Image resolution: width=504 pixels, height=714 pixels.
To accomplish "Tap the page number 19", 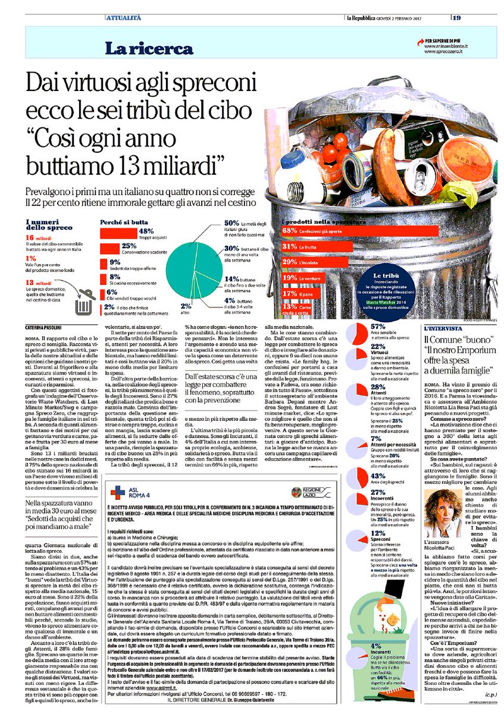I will [x=457, y=17].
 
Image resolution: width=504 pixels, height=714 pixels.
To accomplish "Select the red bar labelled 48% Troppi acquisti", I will [x=118, y=232].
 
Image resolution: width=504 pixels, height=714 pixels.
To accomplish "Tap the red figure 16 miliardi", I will [x=39, y=237].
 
